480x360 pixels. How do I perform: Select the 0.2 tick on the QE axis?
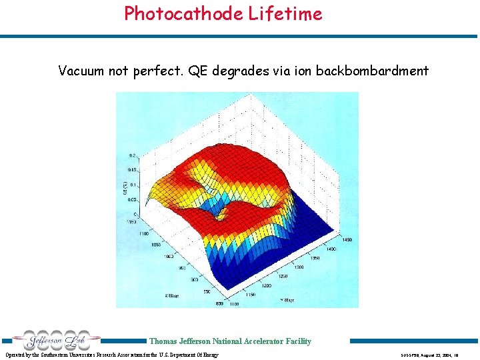(x=133, y=155)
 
